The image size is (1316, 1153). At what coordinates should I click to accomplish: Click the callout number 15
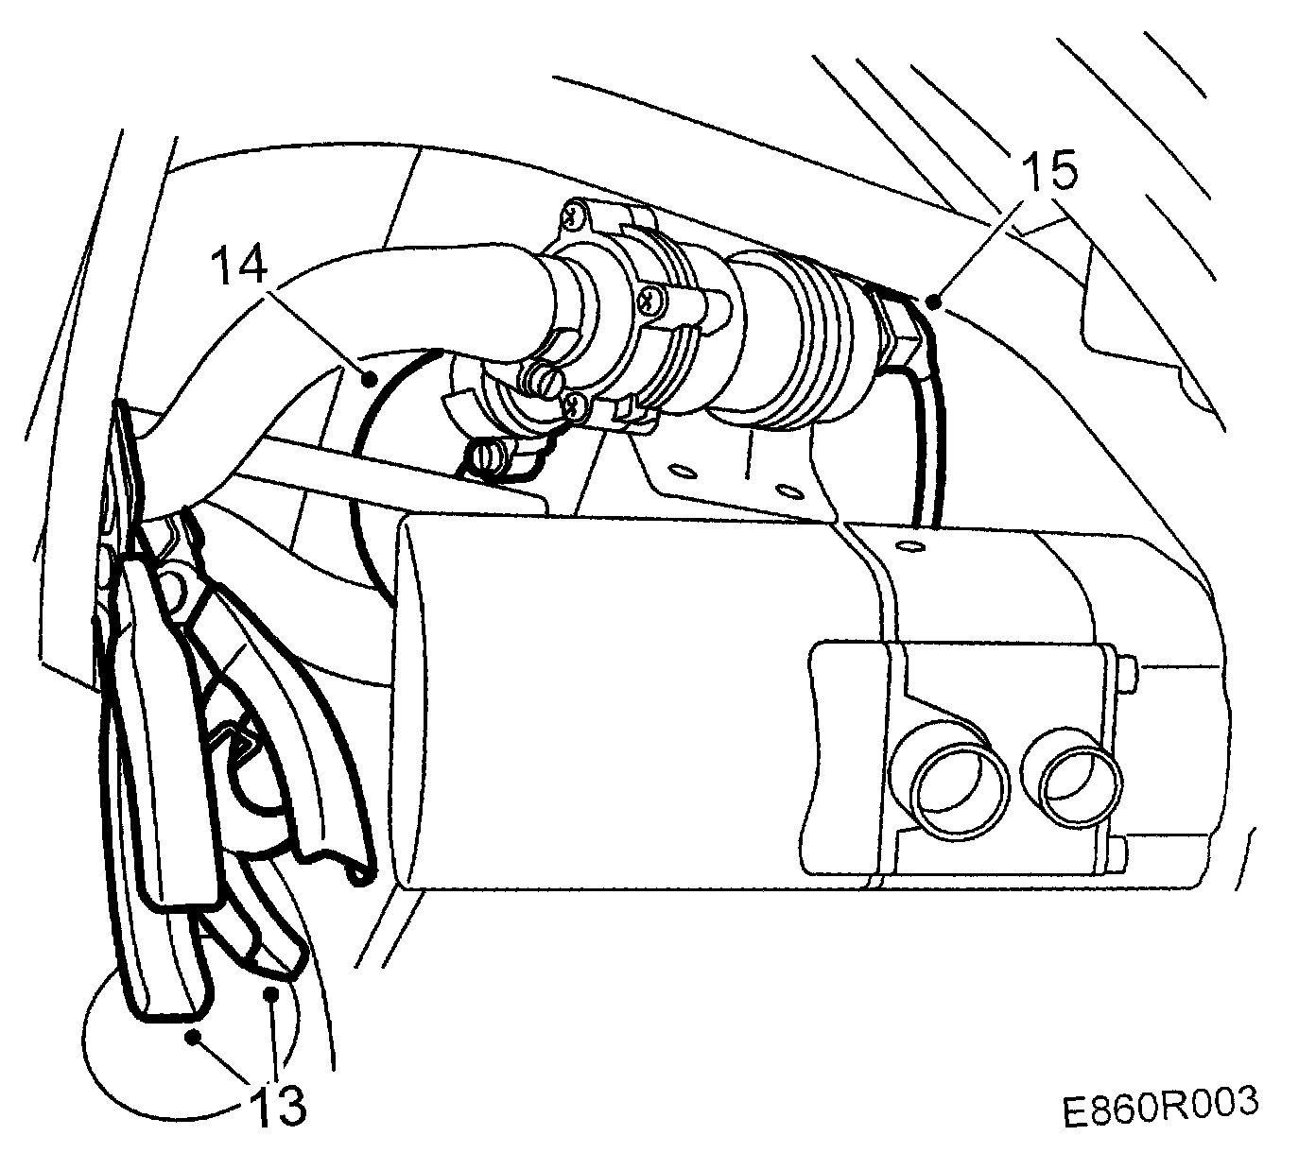point(1048,173)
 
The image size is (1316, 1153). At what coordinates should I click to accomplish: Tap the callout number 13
point(279,1102)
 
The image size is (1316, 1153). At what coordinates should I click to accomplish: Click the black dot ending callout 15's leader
point(934,302)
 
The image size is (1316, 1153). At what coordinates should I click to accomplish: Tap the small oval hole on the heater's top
point(908,546)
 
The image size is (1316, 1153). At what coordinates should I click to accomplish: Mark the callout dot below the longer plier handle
point(193,1037)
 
